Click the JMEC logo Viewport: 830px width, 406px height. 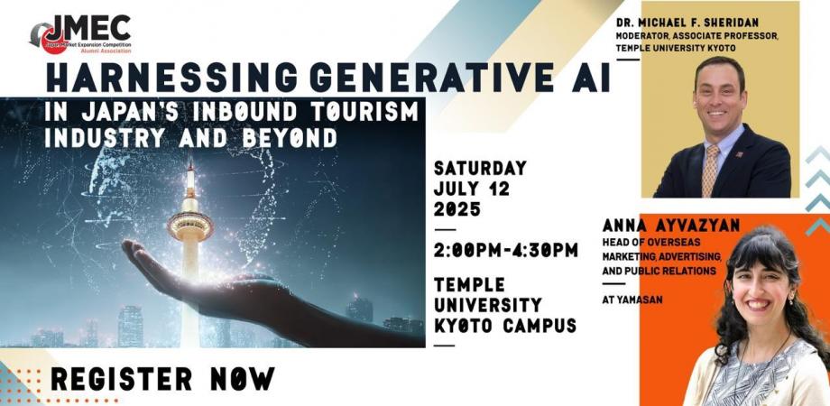(81, 33)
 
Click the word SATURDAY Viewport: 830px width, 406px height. (480, 169)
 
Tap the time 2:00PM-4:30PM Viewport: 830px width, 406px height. (505, 250)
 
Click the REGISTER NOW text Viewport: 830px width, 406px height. (162, 380)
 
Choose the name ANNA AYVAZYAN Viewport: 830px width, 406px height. (652, 228)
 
